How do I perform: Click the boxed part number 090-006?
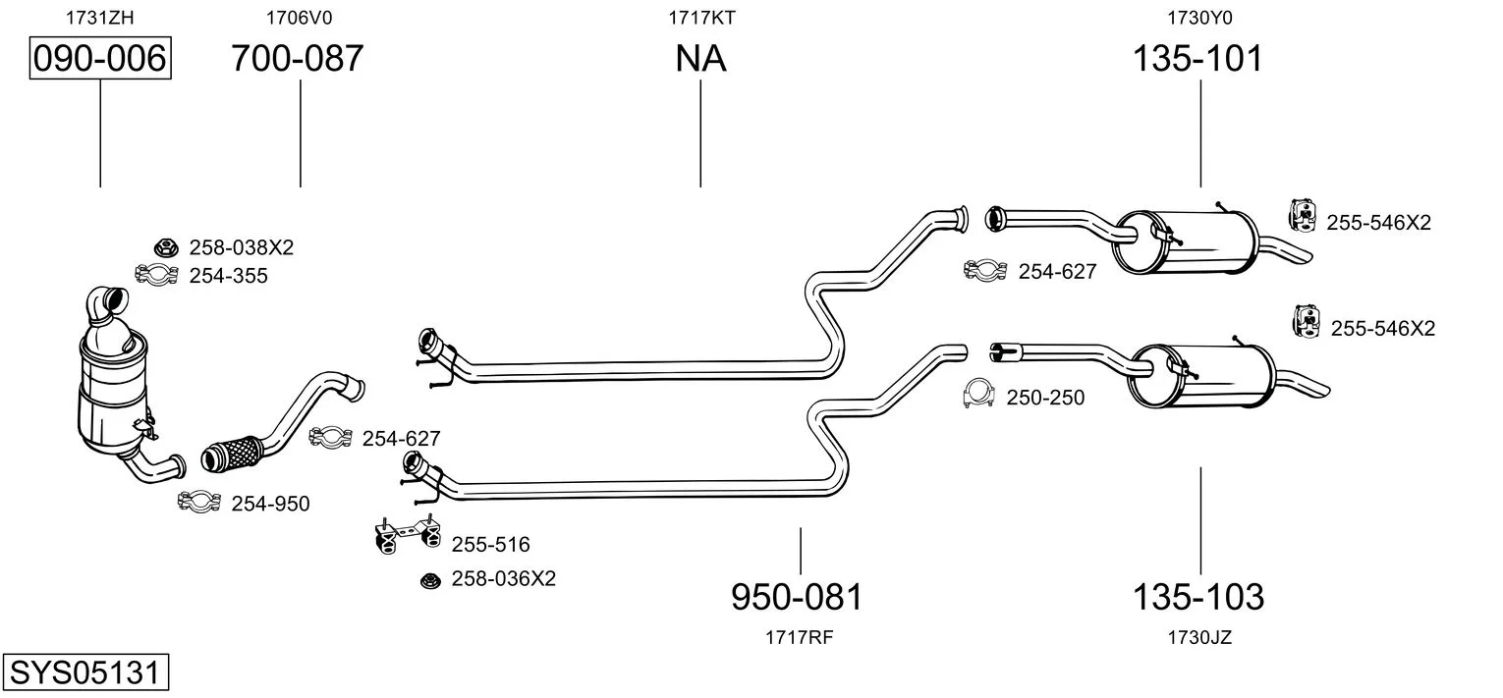click(100, 59)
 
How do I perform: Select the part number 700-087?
click(298, 59)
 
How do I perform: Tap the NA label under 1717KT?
click(700, 59)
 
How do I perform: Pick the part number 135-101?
click(1197, 59)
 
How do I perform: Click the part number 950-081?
click(797, 596)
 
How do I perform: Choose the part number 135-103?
click(1198, 596)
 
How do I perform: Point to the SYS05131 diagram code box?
click(84, 673)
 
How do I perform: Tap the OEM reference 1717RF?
click(799, 637)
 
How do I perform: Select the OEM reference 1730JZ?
click(1198, 637)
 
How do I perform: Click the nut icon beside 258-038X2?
click(164, 247)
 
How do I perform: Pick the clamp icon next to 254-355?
click(155, 275)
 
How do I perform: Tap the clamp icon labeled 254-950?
click(197, 503)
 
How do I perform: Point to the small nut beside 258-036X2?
click(428, 580)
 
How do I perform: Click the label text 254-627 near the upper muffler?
click(1057, 272)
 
